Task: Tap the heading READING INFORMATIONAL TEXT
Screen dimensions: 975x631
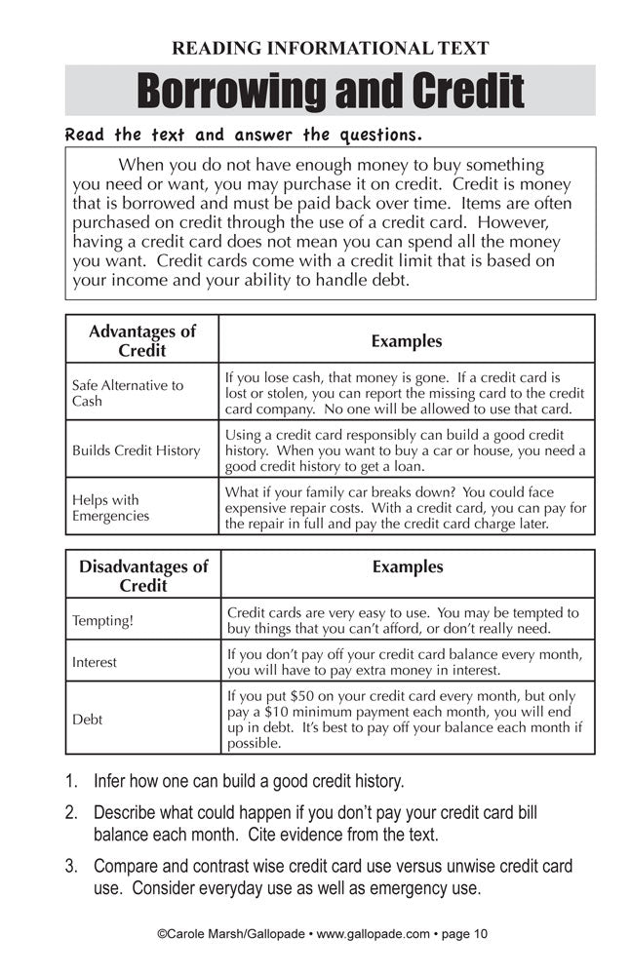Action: (x=330, y=48)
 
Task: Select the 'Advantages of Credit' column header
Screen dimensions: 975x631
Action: (x=142, y=340)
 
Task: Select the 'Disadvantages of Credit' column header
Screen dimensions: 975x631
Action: (x=143, y=575)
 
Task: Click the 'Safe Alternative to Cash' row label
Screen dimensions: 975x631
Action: (x=128, y=393)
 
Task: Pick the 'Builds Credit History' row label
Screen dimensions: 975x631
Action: (x=136, y=450)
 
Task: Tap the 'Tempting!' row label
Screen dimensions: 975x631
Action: (x=101, y=620)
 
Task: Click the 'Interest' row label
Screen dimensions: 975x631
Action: (x=94, y=662)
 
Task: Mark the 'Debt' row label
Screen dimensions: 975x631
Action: (x=87, y=720)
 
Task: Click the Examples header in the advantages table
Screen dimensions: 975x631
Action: (x=407, y=341)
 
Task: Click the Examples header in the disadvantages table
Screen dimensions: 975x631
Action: (x=408, y=566)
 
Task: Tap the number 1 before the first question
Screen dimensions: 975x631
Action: (x=71, y=781)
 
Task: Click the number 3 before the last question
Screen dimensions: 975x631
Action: (x=71, y=866)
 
